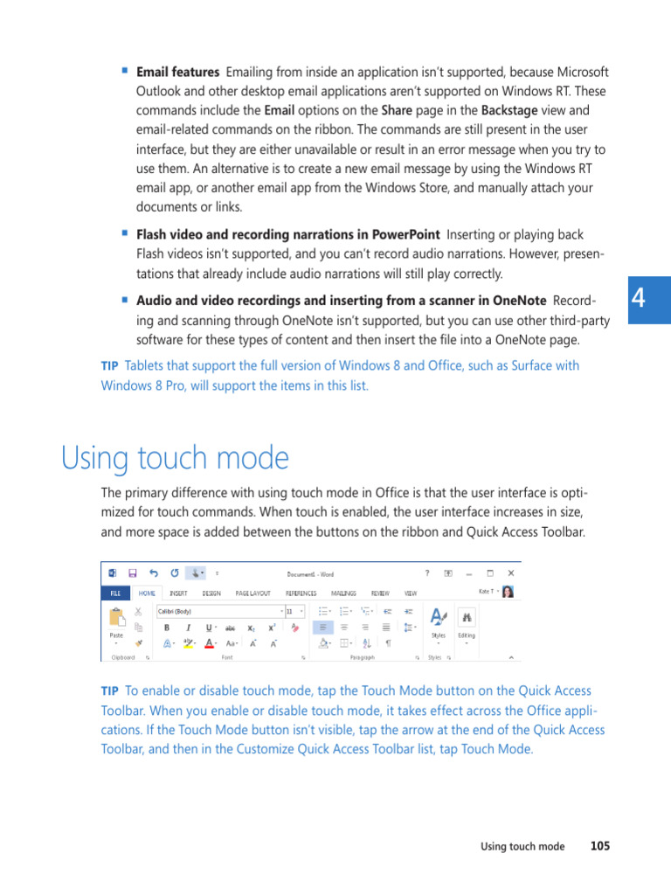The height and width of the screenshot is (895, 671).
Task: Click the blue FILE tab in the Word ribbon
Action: click(x=114, y=593)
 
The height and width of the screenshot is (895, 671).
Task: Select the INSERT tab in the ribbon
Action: click(x=179, y=593)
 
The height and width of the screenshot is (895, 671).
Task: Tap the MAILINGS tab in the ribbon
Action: click(x=343, y=593)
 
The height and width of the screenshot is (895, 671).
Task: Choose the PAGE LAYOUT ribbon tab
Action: click(x=253, y=593)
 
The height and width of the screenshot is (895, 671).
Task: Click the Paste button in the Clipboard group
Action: click(x=116, y=623)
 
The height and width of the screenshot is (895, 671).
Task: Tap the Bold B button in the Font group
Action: click(x=166, y=628)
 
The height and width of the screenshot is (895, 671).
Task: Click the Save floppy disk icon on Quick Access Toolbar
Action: click(x=132, y=573)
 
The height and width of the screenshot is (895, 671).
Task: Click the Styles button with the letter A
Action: click(x=439, y=620)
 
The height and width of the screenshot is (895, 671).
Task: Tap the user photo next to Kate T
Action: click(x=508, y=592)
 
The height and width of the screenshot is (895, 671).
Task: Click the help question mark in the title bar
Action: click(x=427, y=573)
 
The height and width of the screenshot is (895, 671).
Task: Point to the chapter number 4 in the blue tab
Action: click(x=639, y=299)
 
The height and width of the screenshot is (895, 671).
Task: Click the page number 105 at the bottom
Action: click(x=599, y=846)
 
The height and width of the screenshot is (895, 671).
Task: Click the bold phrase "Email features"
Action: click(x=177, y=72)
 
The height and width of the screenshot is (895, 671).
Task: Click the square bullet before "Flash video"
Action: click(x=125, y=233)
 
